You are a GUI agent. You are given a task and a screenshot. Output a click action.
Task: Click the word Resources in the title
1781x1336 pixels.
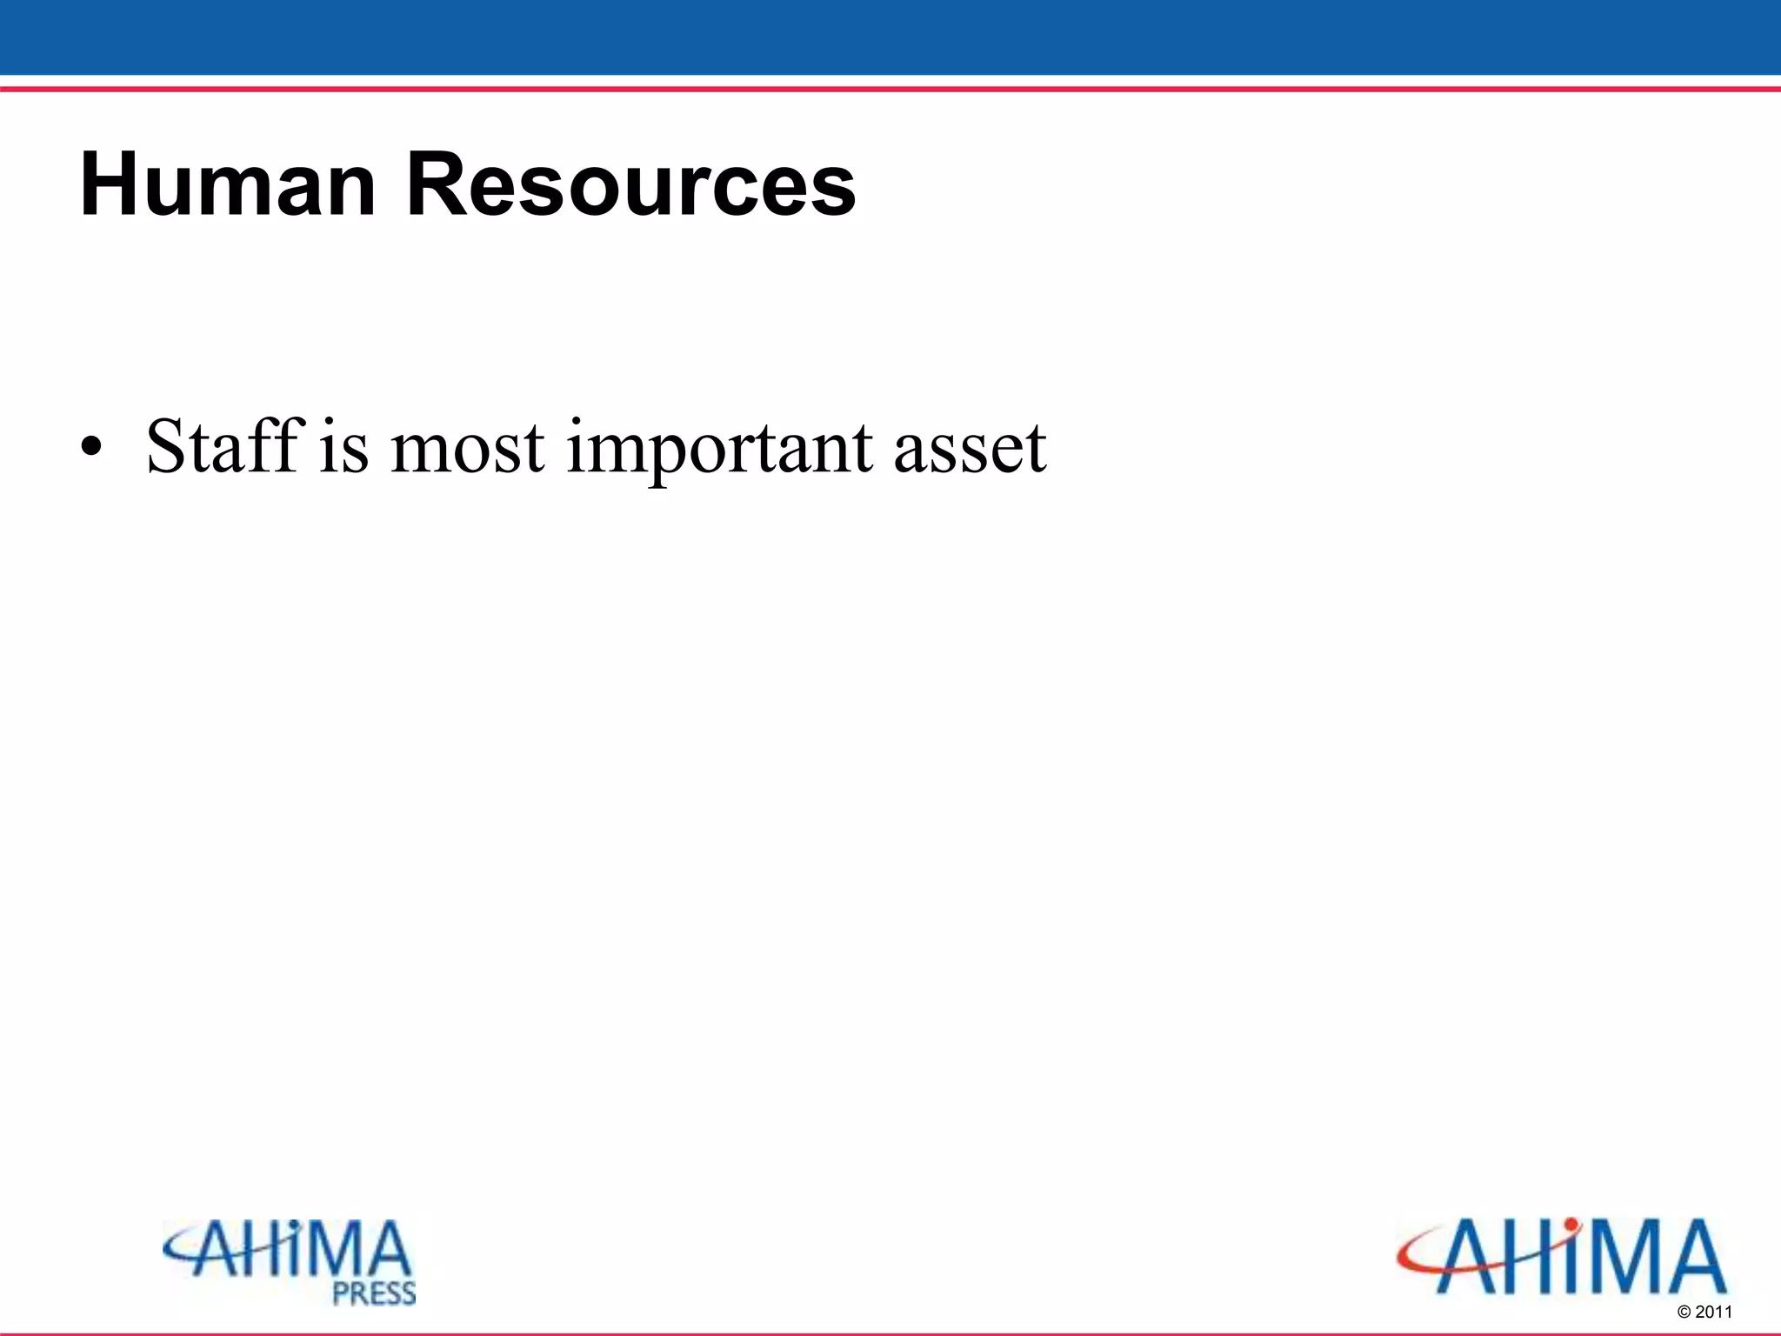click(631, 184)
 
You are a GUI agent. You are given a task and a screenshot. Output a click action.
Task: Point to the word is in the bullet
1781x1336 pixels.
click(344, 447)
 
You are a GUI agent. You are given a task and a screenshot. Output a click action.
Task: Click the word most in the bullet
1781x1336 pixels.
click(468, 449)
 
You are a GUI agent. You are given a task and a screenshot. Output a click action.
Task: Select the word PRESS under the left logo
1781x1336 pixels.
click(375, 1293)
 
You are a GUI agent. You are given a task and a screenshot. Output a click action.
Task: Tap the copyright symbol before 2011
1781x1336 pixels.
click(1684, 1313)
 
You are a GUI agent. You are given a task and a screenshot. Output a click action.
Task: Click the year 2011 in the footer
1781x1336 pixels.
click(1714, 1313)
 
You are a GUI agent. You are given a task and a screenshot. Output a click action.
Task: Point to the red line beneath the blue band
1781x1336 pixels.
click(890, 89)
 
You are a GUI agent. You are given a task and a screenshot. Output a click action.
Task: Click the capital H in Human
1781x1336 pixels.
click(106, 184)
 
